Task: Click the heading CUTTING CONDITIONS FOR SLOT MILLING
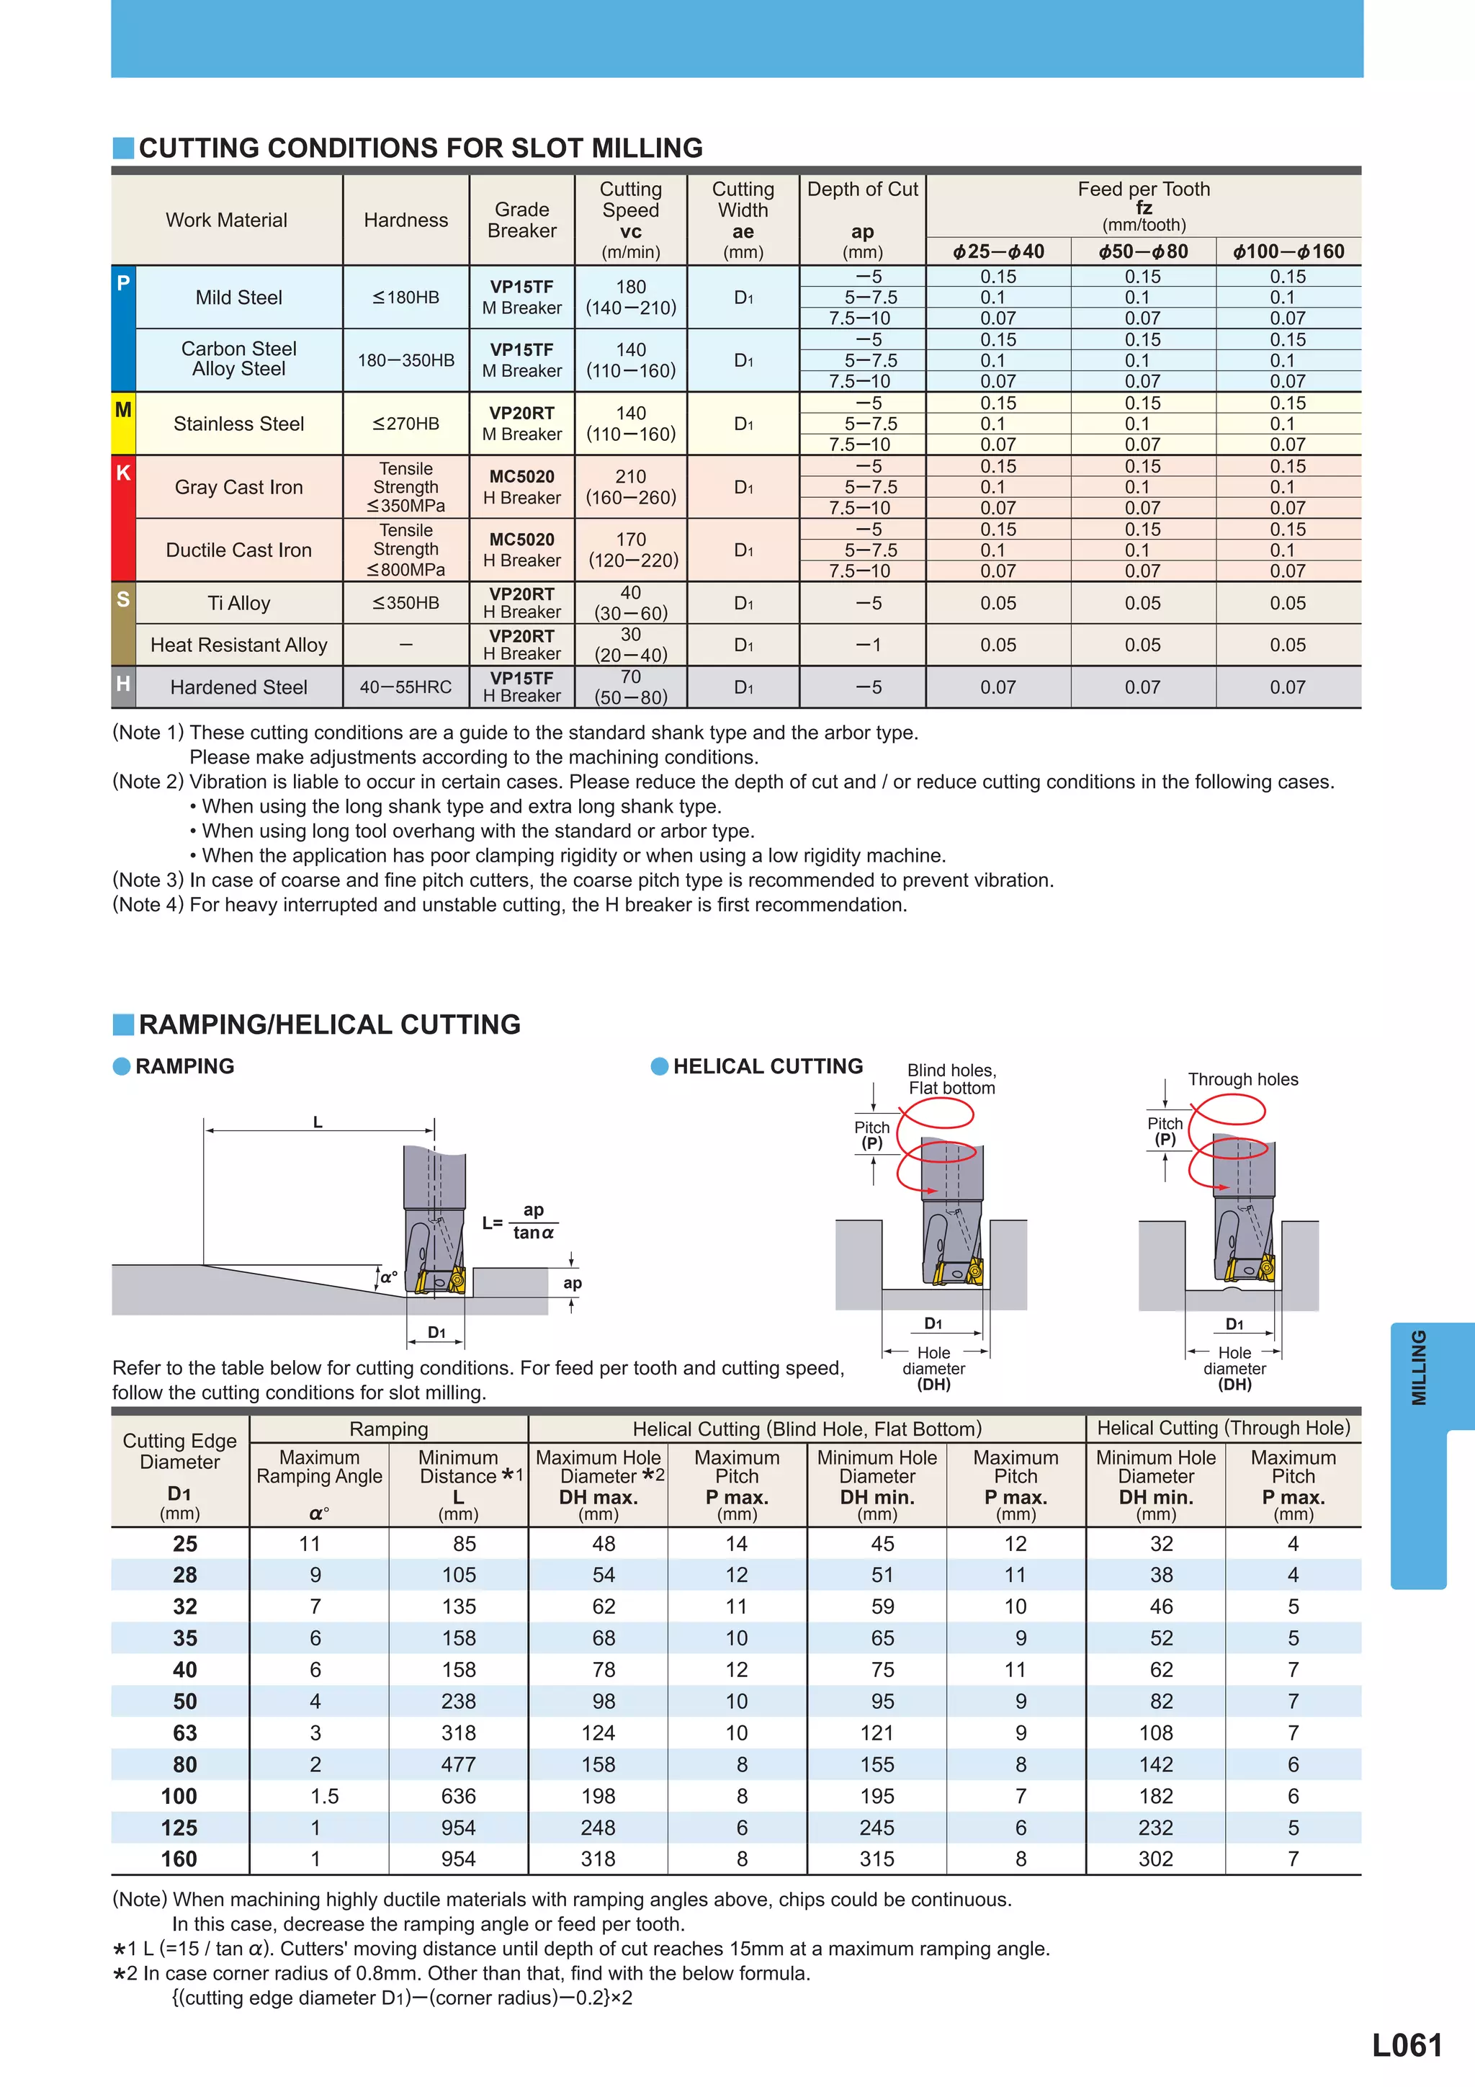pos(420,148)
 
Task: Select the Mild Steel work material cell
pos(238,298)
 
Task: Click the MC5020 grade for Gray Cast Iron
pos(521,477)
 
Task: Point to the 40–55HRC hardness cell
pos(405,687)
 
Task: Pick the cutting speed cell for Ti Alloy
pos(631,603)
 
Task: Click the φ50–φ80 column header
pos(1142,252)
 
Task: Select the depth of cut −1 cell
pos(868,645)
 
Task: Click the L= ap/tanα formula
pos(521,1222)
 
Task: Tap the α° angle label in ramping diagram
pos(388,1277)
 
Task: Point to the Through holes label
pos(1242,1079)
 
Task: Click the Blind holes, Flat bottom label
pos(951,1079)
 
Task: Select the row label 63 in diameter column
pos(184,1733)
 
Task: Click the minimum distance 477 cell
pos(458,1764)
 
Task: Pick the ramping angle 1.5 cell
pos(323,1796)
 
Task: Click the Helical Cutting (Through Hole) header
pos(1223,1428)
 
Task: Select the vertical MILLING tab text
pos(1418,1368)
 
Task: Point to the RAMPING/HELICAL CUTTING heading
pos(329,1024)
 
